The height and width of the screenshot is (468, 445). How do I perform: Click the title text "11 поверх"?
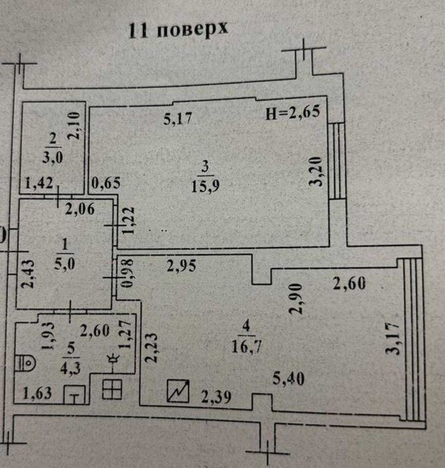(x=178, y=29)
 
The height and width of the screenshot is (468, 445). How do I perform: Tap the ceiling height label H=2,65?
(x=293, y=112)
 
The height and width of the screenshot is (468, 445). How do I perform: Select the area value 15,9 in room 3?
(x=205, y=187)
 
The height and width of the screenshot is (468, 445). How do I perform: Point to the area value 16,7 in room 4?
(x=247, y=346)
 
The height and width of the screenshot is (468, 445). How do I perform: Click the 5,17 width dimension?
(x=178, y=118)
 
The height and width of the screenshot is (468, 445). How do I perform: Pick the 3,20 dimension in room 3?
(x=316, y=172)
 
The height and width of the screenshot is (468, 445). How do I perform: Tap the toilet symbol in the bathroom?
(x=25, y=363)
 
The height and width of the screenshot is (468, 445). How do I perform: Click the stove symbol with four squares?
(x=112, y=389)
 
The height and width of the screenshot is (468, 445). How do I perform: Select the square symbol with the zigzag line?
(x=178, y=390)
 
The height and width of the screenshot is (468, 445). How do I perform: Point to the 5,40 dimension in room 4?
(x=289, y=379)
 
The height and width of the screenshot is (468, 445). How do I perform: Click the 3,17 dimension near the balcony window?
(x=392, y=338)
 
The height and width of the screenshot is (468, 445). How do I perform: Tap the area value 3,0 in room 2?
(x=53, y=157)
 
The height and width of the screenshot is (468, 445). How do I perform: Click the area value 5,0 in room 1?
(x=65, y=264)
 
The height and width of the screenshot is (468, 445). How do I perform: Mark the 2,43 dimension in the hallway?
(x=28, y=273)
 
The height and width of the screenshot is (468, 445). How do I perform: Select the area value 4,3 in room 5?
(x=70, y=368)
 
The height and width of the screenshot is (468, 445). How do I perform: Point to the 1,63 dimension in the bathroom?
(x=37, y=393)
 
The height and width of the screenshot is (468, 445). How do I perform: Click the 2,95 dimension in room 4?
(x=181, y=265)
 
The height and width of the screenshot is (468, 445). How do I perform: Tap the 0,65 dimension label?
(x=106, y=183)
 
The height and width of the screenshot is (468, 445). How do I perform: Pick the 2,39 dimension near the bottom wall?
(x=216, y=397)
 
